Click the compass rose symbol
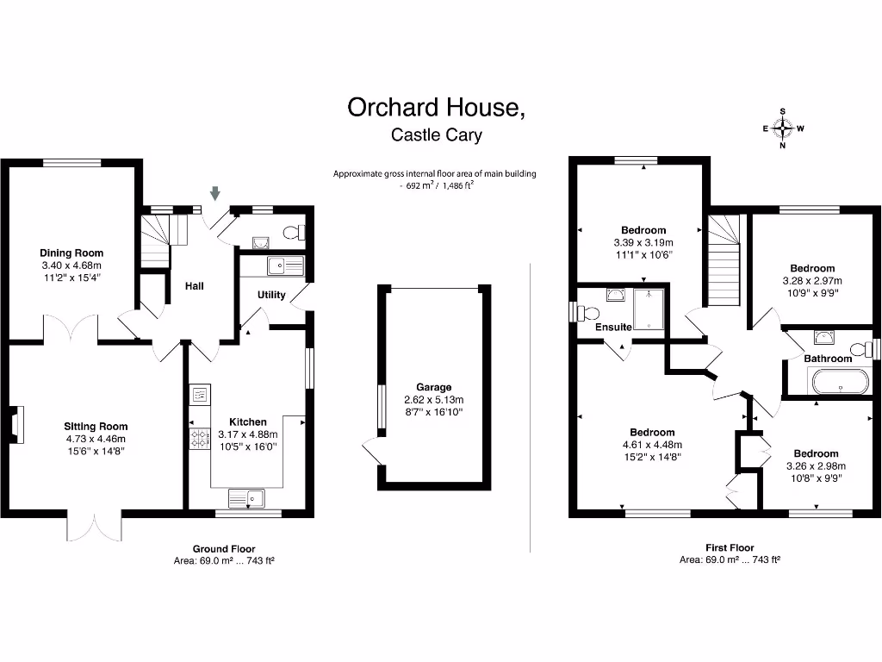782,129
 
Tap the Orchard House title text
435,108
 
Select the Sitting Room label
96,426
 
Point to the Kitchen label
247,422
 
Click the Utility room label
271,295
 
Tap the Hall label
194,285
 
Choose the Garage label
433,387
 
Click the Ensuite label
613,328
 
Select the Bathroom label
827,359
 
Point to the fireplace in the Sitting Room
16,426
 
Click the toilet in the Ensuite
590,312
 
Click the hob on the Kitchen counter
200,438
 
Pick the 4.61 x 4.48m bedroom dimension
651,445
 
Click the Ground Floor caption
223,548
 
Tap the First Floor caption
730,547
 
